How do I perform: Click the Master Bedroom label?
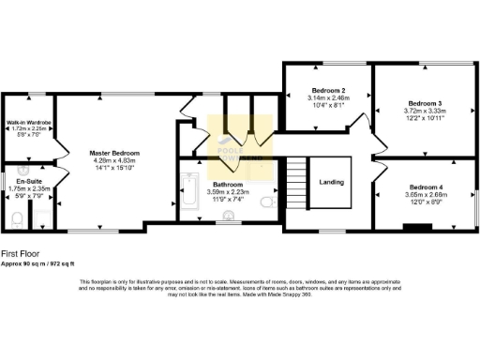[x=114, y=153]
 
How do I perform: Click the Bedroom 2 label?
[x=329, y=91]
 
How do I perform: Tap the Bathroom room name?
[x=228, y=185]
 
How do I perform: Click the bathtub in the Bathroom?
[x=188, y=192]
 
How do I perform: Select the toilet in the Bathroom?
[x=267, y=201]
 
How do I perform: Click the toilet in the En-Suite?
[x=18, y=217]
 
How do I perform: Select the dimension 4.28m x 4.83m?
[x=114, y=160]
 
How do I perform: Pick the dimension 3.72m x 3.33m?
[x=425, y=111]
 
